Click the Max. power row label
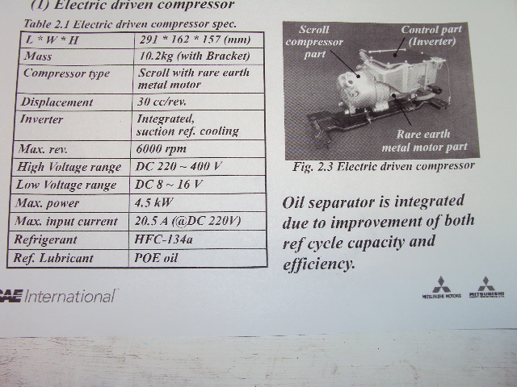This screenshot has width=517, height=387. [x=52, y=202]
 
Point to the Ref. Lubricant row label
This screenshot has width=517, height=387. [x=54, y=259]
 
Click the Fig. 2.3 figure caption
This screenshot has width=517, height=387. [x=383, y=166]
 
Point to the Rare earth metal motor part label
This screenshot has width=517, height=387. [x=426, y=141]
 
